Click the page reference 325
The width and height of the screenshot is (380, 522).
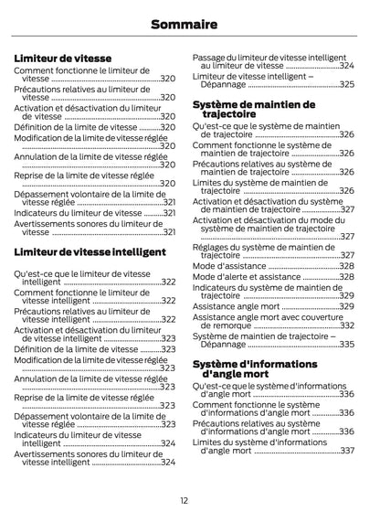pos(347,84)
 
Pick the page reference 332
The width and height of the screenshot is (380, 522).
pos(347,325)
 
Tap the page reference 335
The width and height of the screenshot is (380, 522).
pos(347,345)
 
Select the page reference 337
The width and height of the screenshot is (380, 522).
pos(347,451)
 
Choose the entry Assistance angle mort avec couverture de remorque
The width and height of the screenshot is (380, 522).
pos(265,321)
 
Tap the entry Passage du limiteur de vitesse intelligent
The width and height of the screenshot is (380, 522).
pos(269,61)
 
